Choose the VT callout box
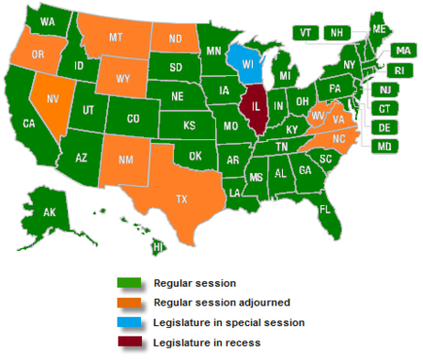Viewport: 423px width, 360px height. click(305, 32)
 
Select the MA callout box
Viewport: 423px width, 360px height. click(403, 50)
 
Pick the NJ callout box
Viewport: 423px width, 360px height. click(384, 89)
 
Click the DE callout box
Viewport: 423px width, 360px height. click(384, 127)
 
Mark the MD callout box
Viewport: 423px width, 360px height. click(384, 146)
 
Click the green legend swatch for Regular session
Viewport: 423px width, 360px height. click(128, 282)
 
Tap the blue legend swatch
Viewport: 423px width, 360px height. click(128, 321)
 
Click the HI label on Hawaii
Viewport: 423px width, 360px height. click(158, 246)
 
